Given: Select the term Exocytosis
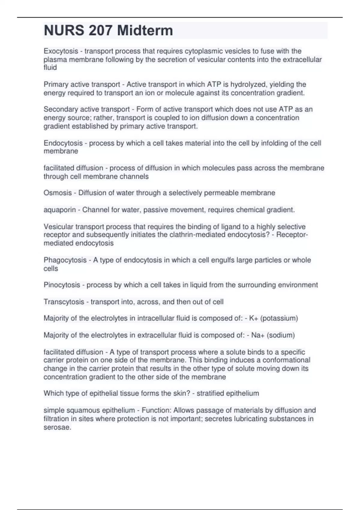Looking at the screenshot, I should (61, 51).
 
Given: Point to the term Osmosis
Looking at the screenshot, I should (58, 193).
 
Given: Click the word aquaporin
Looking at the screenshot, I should (60, 210).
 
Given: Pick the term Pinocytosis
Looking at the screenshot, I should (62, 285).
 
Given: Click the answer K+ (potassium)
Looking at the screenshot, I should (273, 318).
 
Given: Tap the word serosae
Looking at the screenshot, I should (57, 427).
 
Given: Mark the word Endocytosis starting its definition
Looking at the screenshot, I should (63, 143).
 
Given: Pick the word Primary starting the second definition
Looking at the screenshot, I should (56, 85).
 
